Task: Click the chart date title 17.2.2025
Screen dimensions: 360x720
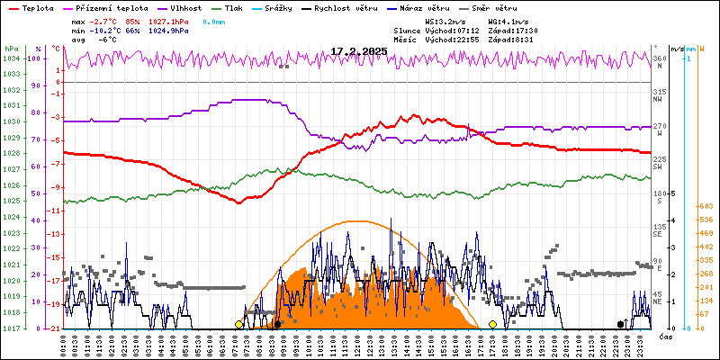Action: pyautogui.click(x=358, y=52)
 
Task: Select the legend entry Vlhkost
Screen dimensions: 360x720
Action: pyautogui.click(x=185, y=8)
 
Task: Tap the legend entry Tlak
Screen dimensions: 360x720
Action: pyautogui.click(x=245, y=8)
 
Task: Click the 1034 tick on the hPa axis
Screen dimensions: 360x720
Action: pyautogui.click(x=10, y=58)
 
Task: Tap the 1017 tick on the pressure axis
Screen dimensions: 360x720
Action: pyautogui.click(x=10, y=328)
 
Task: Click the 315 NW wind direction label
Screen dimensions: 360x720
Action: pyautogui.click(x=660, y=96)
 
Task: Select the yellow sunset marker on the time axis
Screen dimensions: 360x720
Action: pyautogui.click(x=492, y=324)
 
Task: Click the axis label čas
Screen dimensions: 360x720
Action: pyautogui.click(x=666, y=337)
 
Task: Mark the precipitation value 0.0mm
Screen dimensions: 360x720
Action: pyautogui.click(x=214, y=20)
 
